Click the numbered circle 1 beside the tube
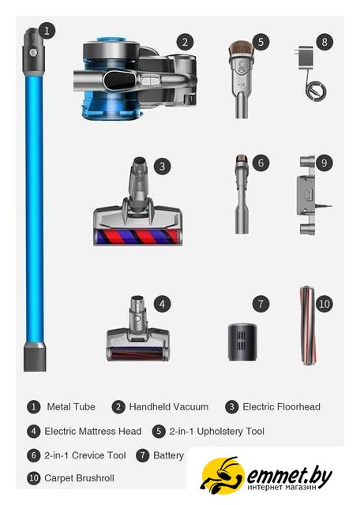tap(47, 31)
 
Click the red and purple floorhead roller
tap(136, 237)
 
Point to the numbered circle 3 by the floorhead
tap(162, 166)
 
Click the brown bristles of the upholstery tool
tap(241, 49)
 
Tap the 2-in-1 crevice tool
tap(242, 194)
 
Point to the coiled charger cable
tap(316, 91)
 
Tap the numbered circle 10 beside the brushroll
tap(324, 304)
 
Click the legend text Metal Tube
tap(71, 407)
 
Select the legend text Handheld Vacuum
tap(169, 407)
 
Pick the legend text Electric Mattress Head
tap(93, 432)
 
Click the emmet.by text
tap(290, 475)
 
